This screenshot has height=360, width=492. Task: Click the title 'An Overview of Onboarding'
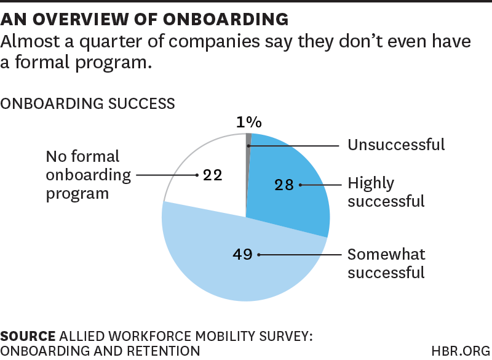[x=145, y=19]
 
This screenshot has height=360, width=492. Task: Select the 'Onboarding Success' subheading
[x=88, y=103]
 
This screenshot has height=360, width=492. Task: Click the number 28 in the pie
[x=284, y=185]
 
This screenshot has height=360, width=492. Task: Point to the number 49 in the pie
[x=243, y=254]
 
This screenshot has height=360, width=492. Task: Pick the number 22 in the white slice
[x=212, y=175]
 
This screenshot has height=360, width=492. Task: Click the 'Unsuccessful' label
[x=395, y=145]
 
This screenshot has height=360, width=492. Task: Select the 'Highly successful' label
[x=386, y=192]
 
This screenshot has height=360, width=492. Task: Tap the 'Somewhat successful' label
[x=386, y=263]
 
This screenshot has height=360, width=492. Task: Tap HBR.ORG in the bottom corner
[x=460, y=350]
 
